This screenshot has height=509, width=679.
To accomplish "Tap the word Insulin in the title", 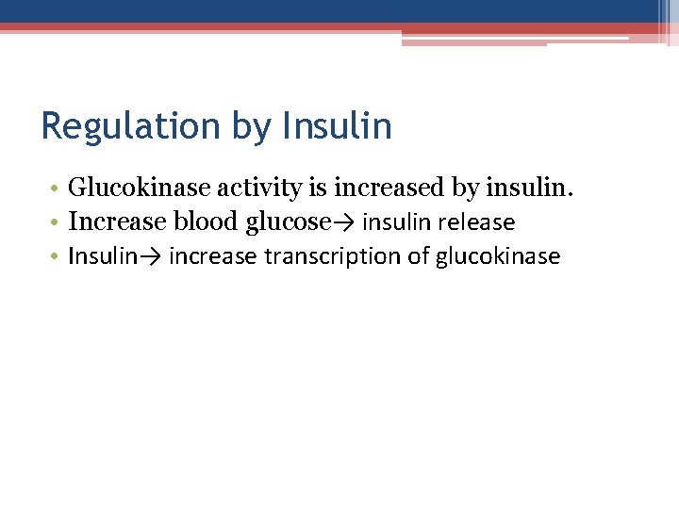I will pyautogui.click(x=337, y=126).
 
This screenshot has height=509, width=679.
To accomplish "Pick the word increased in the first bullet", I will pyautogui.click(x=391, y=189).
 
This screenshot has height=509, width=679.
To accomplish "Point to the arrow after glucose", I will pyautogui.click(x=343, y=223).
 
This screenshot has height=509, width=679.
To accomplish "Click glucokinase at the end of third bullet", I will pyautogui.click(x=498, y=256).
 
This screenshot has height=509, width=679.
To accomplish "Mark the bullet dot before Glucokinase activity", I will pyautogui.click(x=57, y=189).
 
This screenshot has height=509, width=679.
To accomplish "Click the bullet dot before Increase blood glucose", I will pyautogui.click(x=57, y=223).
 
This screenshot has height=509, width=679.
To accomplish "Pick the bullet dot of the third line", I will pyautogui.click(x=57, y=257).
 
